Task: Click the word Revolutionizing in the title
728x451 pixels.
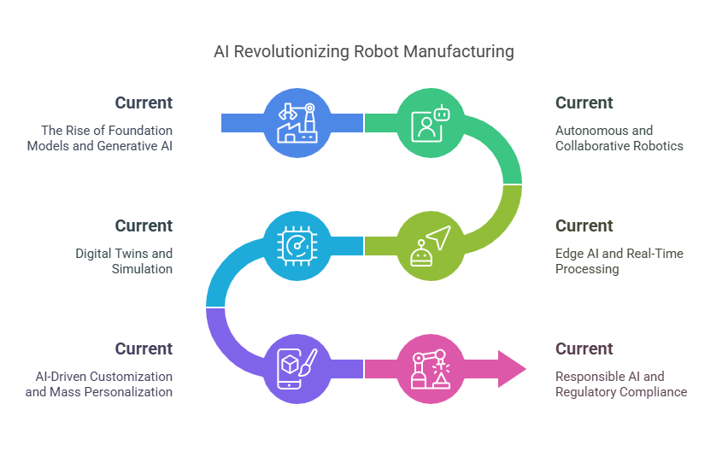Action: tap(291, 52)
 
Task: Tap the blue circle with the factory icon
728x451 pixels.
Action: tap(297, 123)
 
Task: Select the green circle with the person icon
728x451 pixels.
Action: tap(431, 123)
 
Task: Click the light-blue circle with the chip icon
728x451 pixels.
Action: tap(297, 246)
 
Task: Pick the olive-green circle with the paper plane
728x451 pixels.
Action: tap(431, 246)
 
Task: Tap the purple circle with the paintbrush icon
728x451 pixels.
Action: tap(297, 369)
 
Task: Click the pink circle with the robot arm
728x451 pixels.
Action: tap(431, 369)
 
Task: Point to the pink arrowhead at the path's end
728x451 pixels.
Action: tap(512, 369)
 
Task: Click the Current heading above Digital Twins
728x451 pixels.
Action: tap(144, 226)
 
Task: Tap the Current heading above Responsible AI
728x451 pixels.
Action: tap(584, 348)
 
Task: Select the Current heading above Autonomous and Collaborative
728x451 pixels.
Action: tap(584, 103)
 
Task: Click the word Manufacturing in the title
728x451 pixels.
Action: tap(459, 52)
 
